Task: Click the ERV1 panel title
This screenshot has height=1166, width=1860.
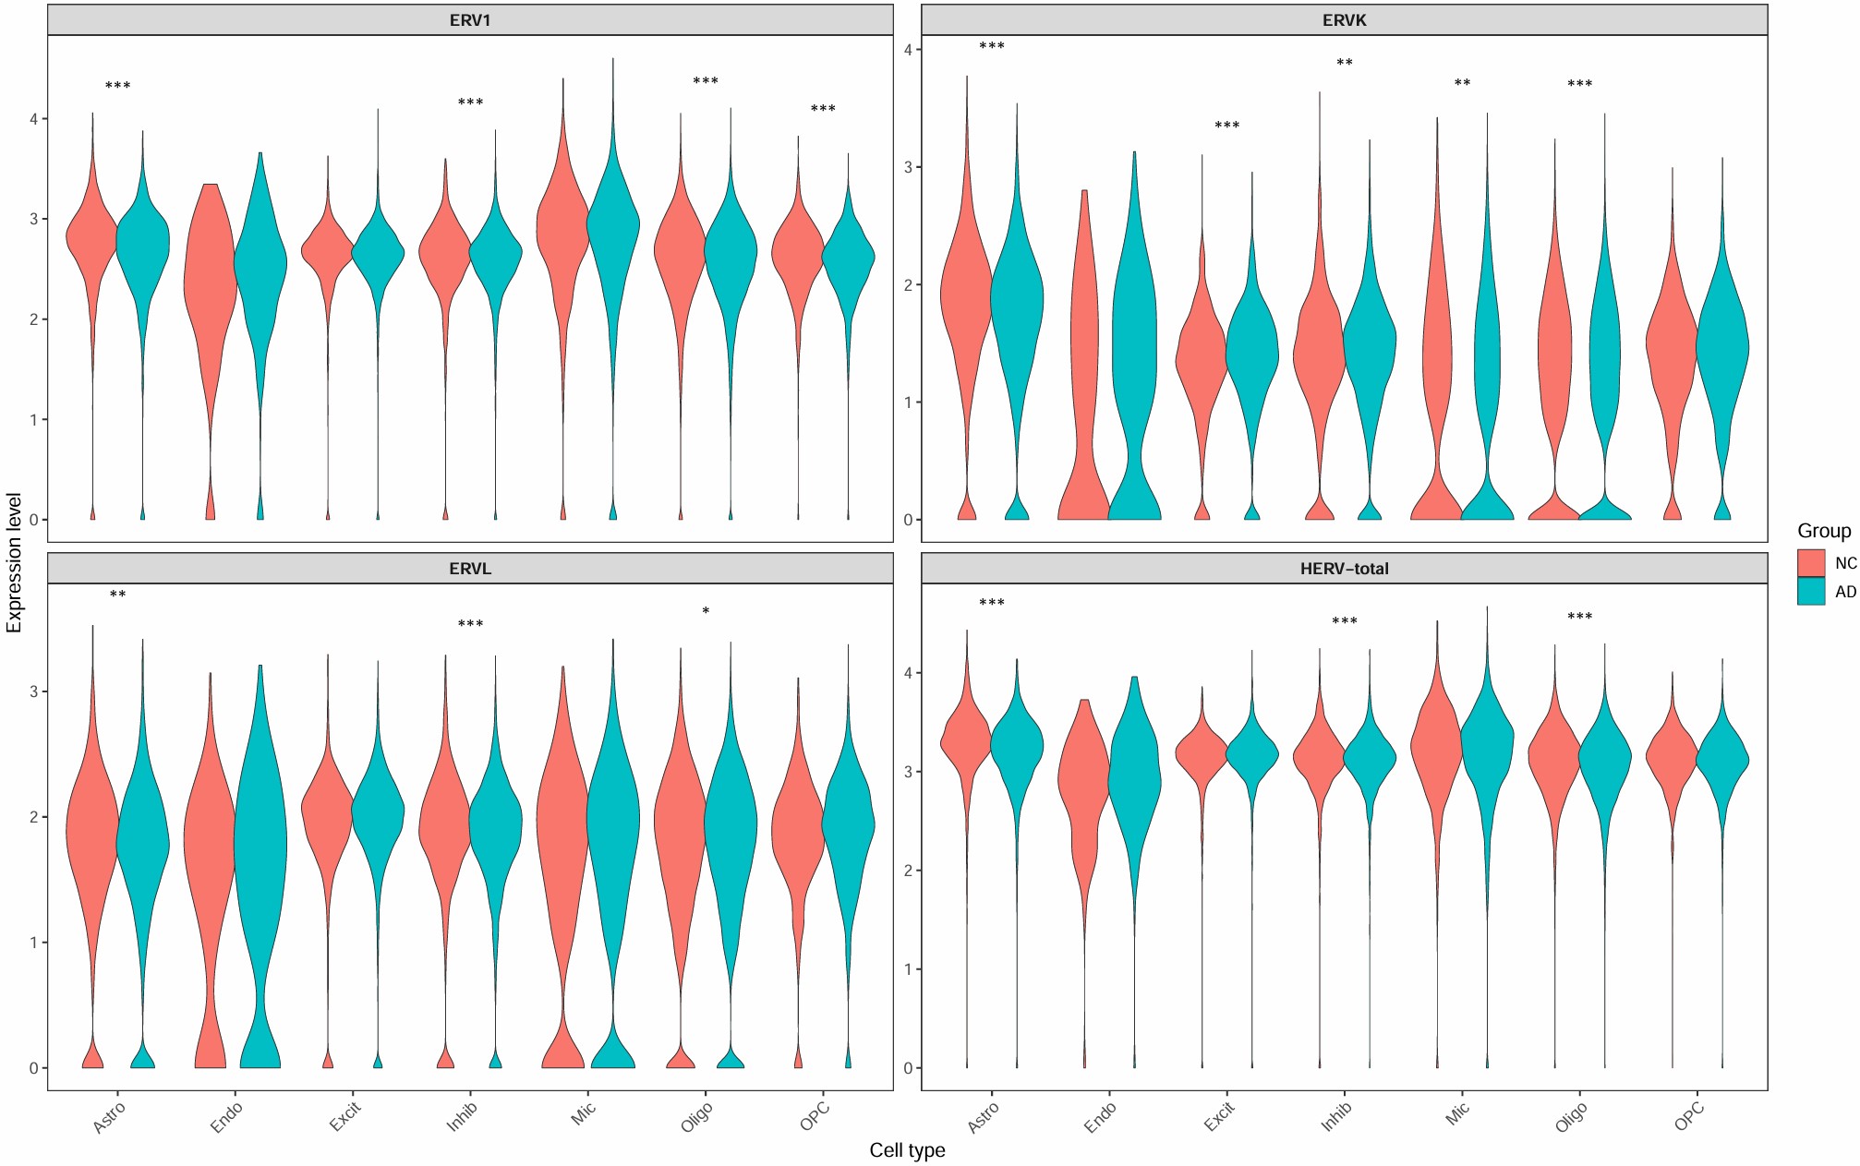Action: pyautogui.click(x=470, y=20)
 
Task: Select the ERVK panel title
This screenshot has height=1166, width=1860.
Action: pyautogui.click(x=1344, y=20)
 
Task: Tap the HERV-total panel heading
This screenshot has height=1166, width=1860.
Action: pyautogui.click(x=1344, y=569)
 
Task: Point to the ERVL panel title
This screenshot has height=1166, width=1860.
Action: pyautogui.click(x=470, y=569)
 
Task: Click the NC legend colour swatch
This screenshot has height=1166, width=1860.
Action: pyautogui.click(x=1811, y=563)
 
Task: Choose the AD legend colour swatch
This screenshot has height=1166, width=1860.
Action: pyautogui.click(x=1811, y=592)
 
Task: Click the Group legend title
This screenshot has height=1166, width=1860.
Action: pyautogui.click(x=1823, y=531)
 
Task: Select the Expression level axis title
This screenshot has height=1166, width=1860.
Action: pyautogui.click(x=14, y=563)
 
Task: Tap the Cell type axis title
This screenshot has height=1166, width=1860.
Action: pyautogui.click(x=907, y=1150)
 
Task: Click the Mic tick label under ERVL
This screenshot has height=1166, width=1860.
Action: pyautogui.click(x=583, y=1114)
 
